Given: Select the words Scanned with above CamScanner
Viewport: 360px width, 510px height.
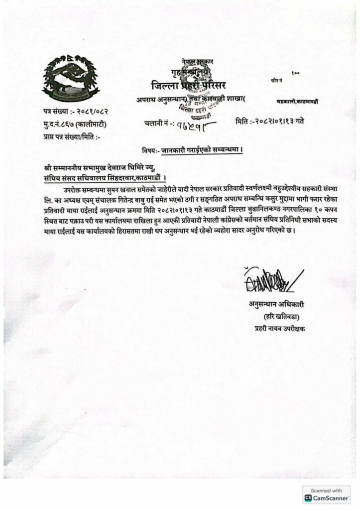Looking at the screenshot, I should pos(326,490).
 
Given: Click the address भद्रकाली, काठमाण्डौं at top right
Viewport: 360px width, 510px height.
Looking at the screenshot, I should pos(297,102).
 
